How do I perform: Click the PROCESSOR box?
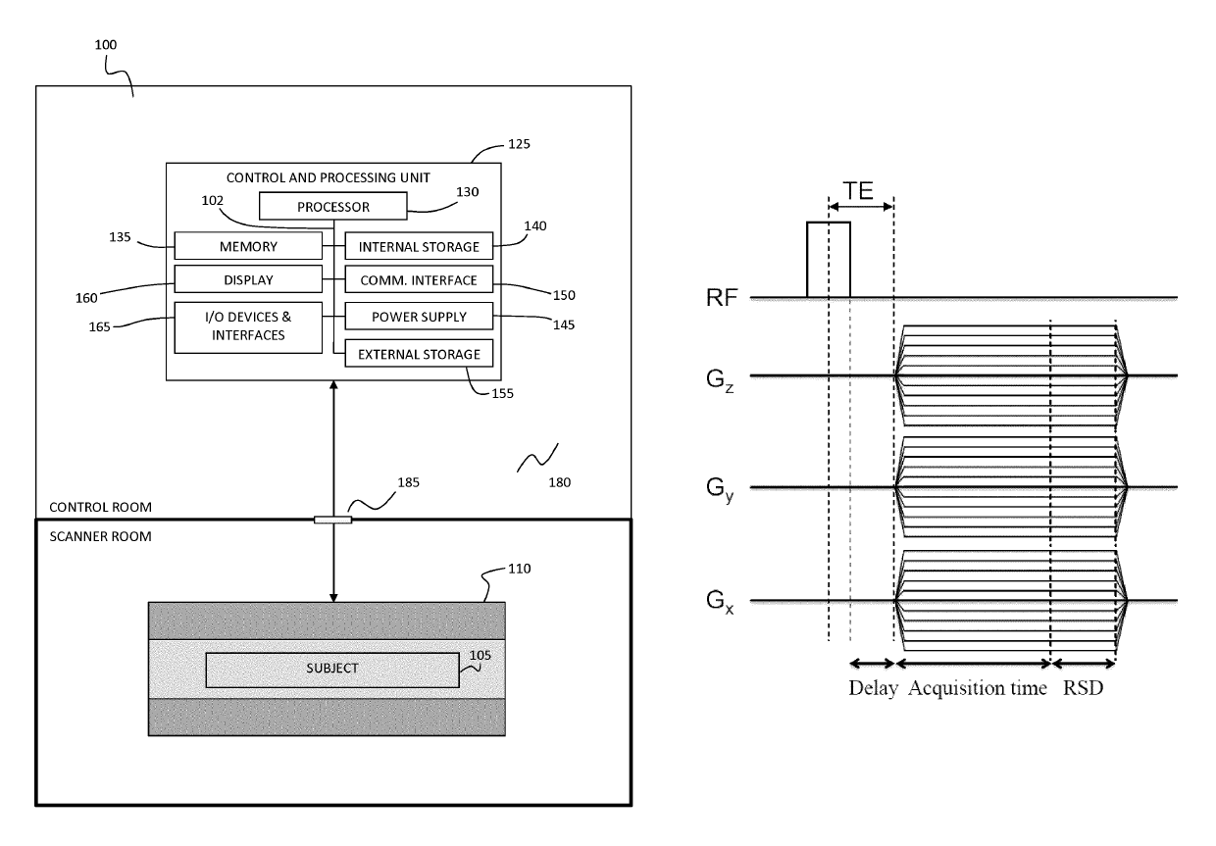click(x=332, y=206)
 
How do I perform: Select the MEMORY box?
click(x=248, y=246)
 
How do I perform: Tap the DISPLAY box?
click(x=248, y=279)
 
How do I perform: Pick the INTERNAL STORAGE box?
click(x=419, y=246)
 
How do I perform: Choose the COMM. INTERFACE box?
click(x=419, y=279)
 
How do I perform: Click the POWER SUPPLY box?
click(x=419, y=317)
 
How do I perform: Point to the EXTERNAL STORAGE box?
click(x=419, y=353)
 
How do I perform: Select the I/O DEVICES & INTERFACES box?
click(x=248, y=327)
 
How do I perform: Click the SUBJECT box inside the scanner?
click(x=332, y=671)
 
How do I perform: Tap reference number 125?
click(x=519, y=144)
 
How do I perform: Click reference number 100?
click(x=105, y=44)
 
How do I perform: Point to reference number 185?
click(x=408, y=482)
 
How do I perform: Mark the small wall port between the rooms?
click(x=332, y=520)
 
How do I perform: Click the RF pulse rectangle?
click(x=829, y=260)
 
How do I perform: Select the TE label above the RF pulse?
click(x=858, y=191)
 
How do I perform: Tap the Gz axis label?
click(x=720, y=380)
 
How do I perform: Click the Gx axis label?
click(x=720, y=602)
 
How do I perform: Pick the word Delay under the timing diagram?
click(x=873, y=688)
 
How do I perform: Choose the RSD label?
click(x=1083, y=688)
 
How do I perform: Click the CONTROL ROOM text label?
click(x=100, y=507)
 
